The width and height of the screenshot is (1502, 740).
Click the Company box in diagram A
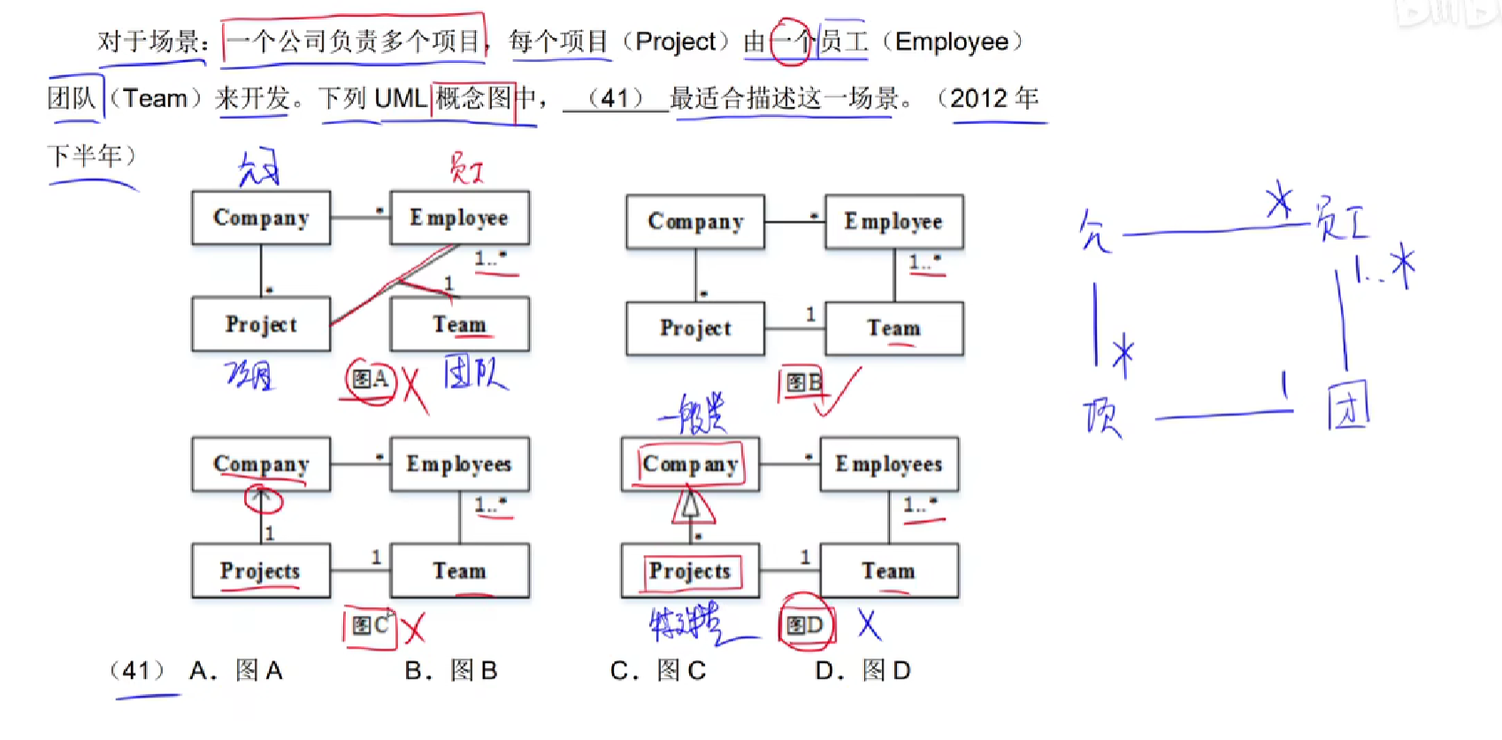point(261,218)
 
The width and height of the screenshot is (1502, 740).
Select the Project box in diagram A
point(261,324)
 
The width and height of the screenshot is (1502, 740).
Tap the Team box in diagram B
point(893,328)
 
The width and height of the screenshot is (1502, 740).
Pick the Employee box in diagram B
point(893,221)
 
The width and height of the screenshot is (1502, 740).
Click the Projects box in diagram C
point(261,571)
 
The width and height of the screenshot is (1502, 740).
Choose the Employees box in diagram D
point(889,464)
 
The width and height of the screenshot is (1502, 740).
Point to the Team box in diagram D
point(889,571)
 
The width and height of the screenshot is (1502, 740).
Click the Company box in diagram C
point(261,464)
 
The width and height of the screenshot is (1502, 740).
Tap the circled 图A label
point(370,380)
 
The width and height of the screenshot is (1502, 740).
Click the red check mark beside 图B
point(837,391)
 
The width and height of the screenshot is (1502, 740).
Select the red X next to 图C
point(413,628)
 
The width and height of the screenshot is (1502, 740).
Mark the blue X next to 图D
point(869,624)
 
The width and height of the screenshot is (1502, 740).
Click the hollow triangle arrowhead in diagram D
point(692,507)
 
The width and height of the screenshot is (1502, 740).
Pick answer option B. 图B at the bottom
point(451,671)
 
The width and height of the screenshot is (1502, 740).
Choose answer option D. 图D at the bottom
point(862,671)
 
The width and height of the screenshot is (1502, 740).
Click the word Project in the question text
point(676,42)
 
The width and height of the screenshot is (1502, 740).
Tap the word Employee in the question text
point(952,42)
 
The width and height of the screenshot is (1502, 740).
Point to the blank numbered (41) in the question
point(616,98)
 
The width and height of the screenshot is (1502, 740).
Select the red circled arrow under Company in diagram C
point(263,500)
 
